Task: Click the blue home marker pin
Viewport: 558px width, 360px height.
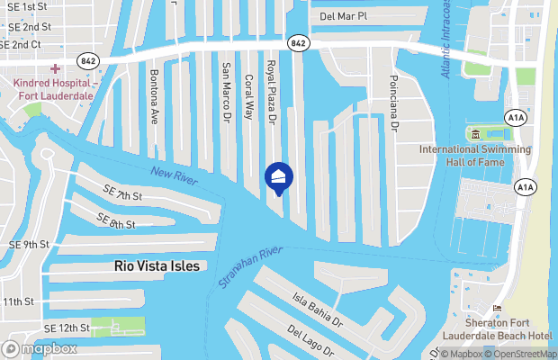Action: [278, 177]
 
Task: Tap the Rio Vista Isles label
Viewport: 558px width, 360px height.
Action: [157, 266]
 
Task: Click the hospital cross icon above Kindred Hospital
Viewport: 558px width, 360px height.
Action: [55, 68]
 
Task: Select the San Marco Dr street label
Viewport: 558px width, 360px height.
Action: [227, 90]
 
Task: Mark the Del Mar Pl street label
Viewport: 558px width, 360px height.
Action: [344, 16]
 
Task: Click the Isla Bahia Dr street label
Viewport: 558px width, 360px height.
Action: [318, 309]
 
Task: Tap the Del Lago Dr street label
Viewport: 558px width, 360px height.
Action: [311, 342]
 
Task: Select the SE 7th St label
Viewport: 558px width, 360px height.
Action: [123, 194]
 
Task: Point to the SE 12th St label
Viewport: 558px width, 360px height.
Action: [65, 328]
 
